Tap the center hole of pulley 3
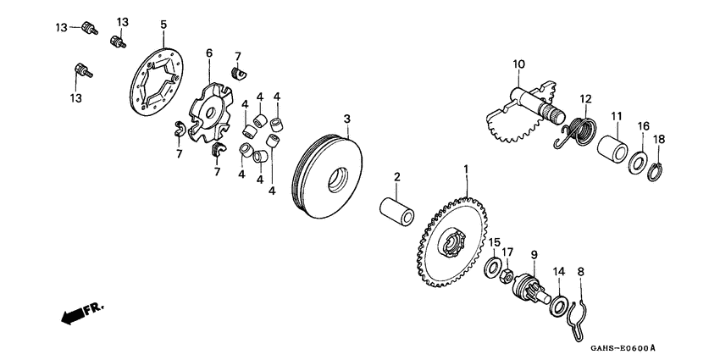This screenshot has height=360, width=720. (x=335, y=182)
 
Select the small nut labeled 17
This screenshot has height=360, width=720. (x=506, y=276)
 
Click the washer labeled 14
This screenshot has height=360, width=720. (x=558, y=304)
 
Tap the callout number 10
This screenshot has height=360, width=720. (x=518, y=64)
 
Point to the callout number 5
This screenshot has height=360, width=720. (x=163, y=25)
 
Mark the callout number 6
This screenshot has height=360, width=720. (x=208, y=53)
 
